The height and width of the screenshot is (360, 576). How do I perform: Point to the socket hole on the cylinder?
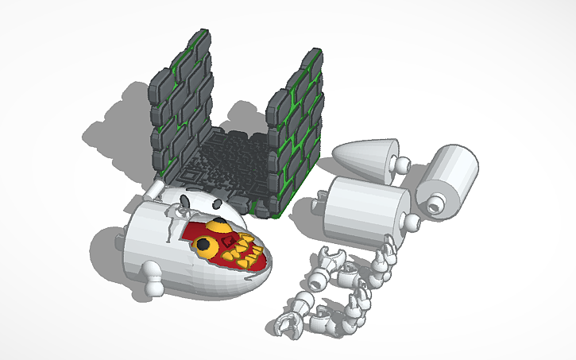[434, 205]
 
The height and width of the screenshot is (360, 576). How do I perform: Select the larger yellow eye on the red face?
[205, 246]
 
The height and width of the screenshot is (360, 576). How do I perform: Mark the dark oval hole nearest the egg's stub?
[184, 199]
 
